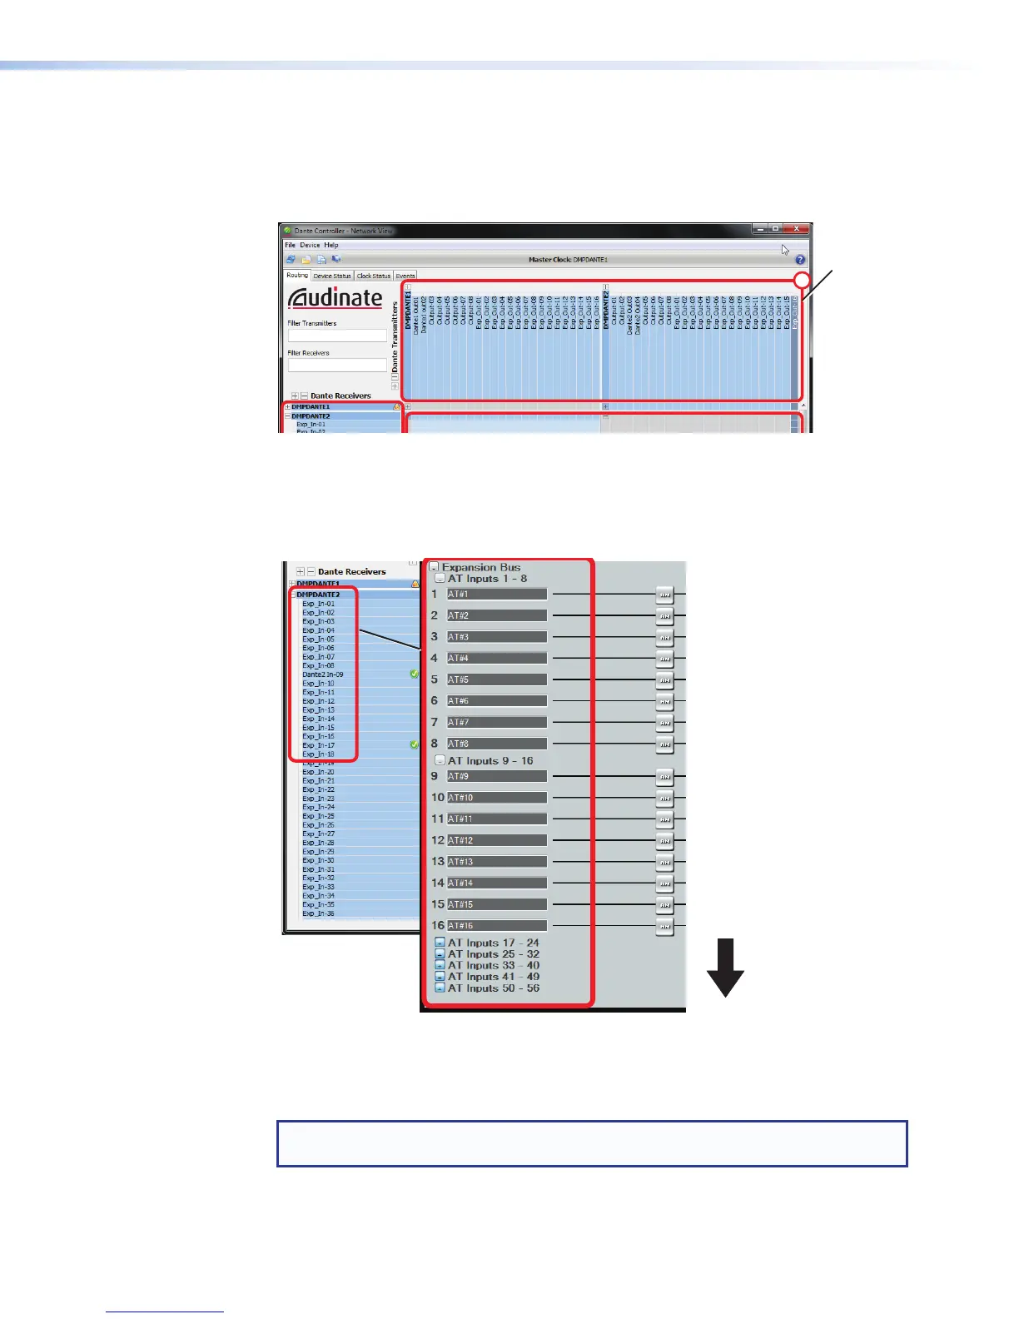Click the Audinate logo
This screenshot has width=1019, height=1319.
click(335, 298)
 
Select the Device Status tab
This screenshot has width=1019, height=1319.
click(332, 276)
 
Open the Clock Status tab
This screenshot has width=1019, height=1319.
click(374, 276)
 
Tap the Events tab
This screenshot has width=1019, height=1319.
click(405, 276)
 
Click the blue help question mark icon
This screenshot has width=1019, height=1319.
click(800, 260)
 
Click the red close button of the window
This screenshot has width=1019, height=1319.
click(798, 229)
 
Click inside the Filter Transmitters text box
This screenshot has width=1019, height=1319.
click(337, 336)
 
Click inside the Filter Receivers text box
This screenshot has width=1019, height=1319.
click(337, 366)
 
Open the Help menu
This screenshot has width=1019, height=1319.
click(331, 245)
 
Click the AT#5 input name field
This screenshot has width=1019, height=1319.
click(496, 679)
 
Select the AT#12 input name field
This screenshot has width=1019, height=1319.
click(496, 840)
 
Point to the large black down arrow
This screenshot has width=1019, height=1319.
click(725, 967)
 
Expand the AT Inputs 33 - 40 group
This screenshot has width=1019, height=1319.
click(440, 966)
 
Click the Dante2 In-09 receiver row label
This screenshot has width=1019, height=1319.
click(323, 674)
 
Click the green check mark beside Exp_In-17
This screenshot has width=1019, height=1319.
click(415, 744)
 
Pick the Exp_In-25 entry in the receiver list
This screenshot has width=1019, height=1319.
click(319, 816)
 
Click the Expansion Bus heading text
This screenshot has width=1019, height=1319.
click(480, 567)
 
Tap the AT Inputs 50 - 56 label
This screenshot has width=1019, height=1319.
click(493, 988)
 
